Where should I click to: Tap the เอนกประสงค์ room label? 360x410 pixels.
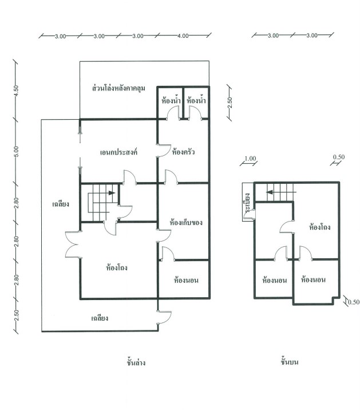118,152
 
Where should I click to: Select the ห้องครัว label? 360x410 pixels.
184,152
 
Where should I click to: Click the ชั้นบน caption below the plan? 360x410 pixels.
291,362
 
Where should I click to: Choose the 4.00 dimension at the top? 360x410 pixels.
183,36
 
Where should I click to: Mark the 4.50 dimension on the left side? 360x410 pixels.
17,90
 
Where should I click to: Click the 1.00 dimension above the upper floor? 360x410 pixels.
250,159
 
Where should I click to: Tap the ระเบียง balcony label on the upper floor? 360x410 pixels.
247,205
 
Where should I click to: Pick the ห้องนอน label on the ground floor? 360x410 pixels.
186,281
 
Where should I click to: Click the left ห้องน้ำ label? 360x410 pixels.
171,101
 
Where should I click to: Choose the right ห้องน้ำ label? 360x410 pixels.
196,101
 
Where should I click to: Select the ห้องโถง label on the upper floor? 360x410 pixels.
318,227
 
